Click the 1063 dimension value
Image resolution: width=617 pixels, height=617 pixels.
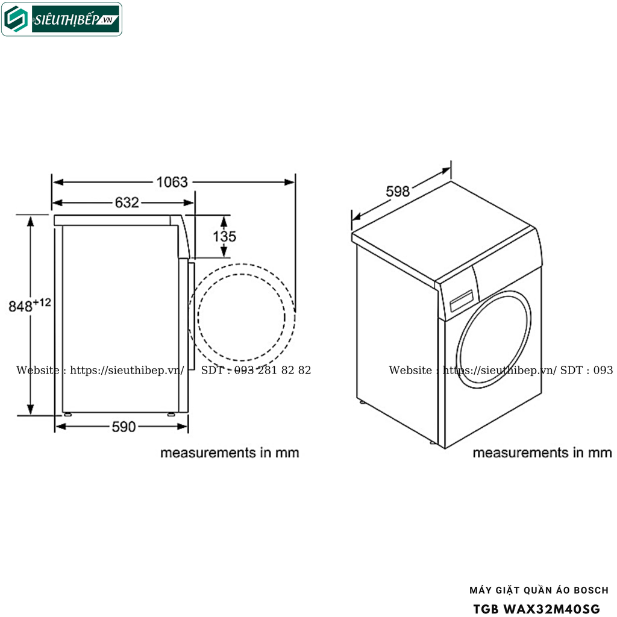(x=172, y=181)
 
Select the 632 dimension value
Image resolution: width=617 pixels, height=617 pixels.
(x=127, y=203)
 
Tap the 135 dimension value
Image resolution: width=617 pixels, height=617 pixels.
(x=224, y=236)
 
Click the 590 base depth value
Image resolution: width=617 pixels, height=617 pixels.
(x=123, y=427)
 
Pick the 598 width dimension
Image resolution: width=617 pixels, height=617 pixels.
(x=398, y=192)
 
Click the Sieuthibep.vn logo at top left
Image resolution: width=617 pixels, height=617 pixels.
(x=61, y=19)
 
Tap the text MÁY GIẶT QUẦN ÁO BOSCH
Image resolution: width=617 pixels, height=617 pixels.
(x=538, y=590)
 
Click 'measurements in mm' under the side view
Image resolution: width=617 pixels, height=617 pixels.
(x=230, y=453)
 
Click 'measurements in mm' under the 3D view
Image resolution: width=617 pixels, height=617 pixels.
(x=542, y=453)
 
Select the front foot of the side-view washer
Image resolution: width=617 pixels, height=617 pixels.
(x=172, y=415)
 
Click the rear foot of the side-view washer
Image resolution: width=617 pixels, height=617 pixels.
(x=66, y=415)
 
